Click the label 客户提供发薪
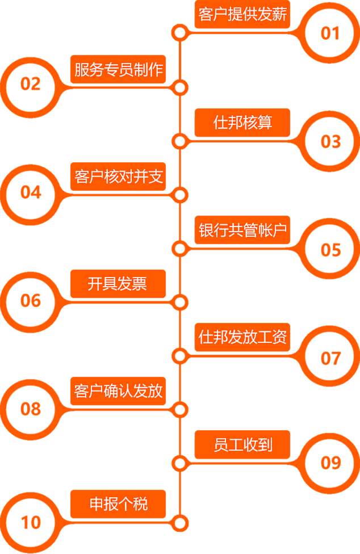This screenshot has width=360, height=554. point(242,15)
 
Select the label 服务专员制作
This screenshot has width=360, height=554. point(118,69)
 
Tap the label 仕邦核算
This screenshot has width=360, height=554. point(242,123)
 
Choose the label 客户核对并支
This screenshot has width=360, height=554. point(118,177)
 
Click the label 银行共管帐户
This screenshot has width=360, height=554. point(242,230)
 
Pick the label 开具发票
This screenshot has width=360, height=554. point(118,284)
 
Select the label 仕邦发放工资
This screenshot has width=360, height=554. point(242,337)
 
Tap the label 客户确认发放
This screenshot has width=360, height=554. point(118,391)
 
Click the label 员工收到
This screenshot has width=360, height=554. point(242,444)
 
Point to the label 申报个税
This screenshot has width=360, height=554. point(118,504)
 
